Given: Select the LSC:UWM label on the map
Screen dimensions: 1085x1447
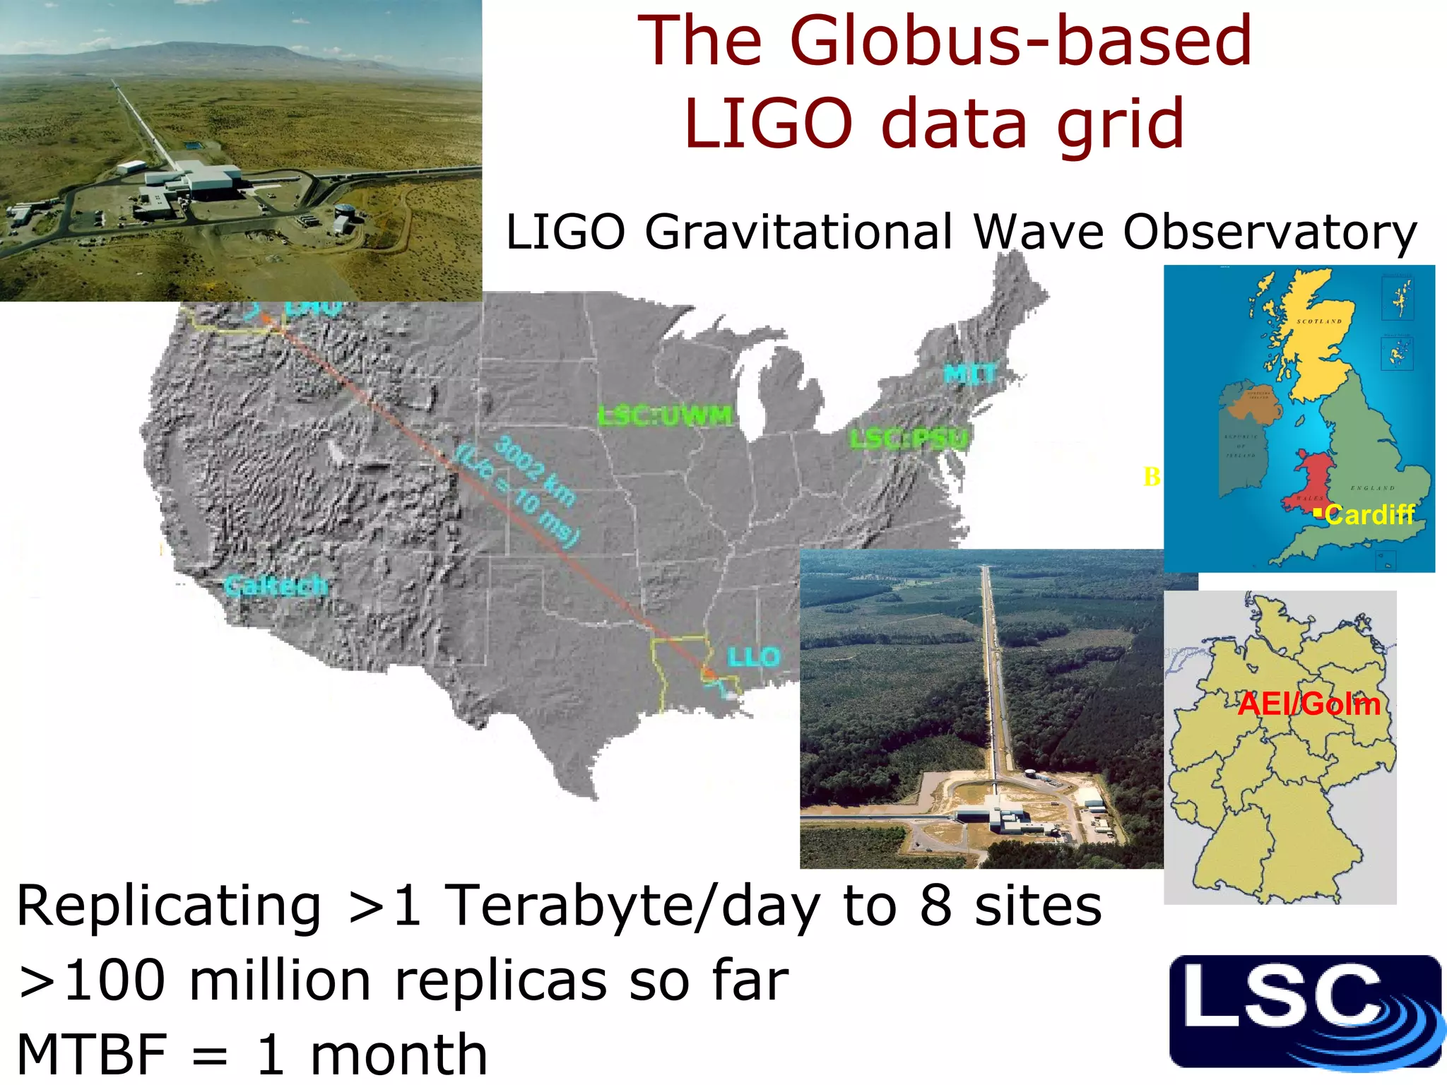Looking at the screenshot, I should [665, 415].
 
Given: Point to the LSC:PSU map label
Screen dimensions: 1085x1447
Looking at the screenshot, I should [909, 439].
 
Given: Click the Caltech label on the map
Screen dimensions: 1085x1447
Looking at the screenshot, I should [276, 585].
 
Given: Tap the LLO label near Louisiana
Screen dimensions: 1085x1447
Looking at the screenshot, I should [753, 657].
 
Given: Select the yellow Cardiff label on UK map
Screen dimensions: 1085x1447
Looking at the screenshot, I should [1369, 514].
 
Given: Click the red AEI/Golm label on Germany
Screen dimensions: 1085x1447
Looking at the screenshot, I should [1309, 704].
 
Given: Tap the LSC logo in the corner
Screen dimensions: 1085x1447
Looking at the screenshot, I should [1304, 1012].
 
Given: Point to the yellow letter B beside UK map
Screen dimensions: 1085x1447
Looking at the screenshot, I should [1152, 477].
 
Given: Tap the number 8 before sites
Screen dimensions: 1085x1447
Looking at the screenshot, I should [935, 906].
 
